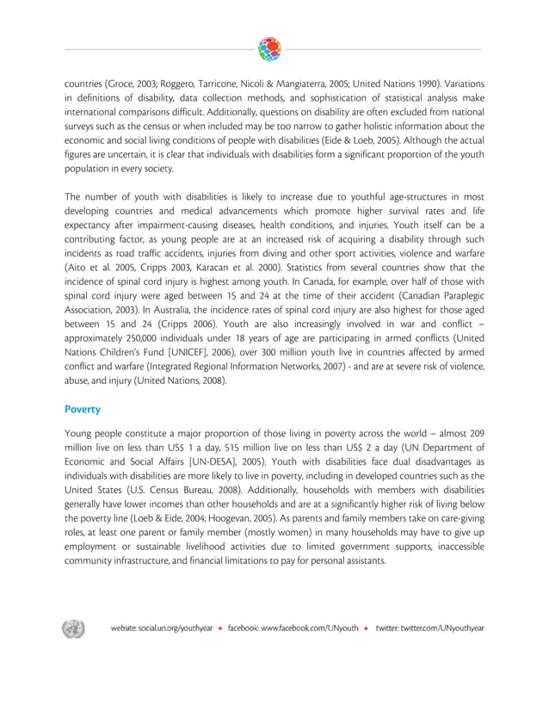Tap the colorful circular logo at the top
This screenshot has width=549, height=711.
269,49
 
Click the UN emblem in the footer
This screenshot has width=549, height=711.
73,628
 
